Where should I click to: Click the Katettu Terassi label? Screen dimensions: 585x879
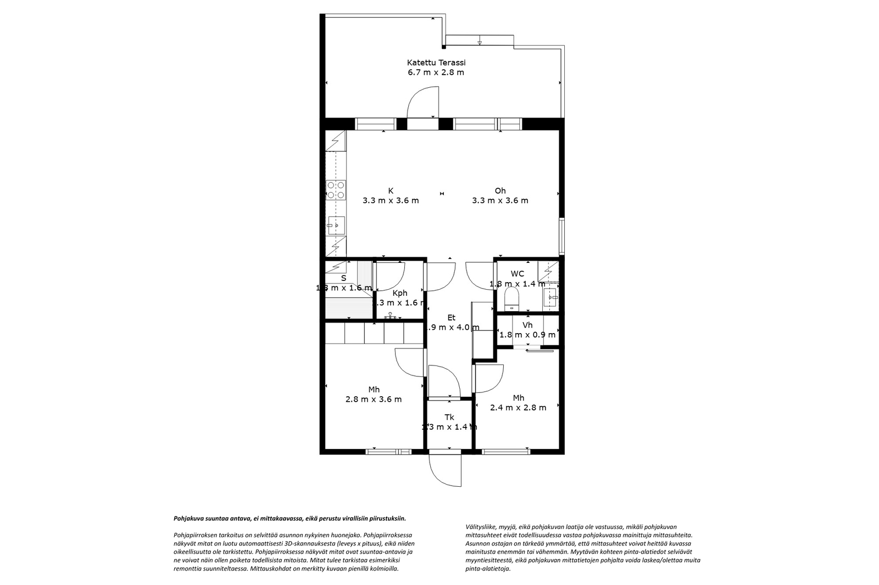[436, 63]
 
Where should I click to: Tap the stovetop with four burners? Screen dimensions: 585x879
[336, 190]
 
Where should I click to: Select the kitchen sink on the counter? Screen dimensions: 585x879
[336, 224]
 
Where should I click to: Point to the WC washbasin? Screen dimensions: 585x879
[551, 298]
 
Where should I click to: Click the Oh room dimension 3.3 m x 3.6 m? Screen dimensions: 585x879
[500, 201]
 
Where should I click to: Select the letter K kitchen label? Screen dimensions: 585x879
[391, 191]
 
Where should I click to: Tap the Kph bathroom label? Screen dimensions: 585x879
[399, 293]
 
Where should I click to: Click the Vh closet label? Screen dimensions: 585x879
[527, 325]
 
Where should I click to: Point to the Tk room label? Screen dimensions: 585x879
[449, 417]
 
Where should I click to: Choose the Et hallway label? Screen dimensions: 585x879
[451, 317]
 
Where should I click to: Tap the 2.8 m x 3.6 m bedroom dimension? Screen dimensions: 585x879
[374, 400]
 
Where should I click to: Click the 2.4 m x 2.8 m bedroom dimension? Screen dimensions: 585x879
[518, 408]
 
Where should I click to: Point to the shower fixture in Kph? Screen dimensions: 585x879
[391, 316]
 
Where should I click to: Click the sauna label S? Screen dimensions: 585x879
[343, 278]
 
